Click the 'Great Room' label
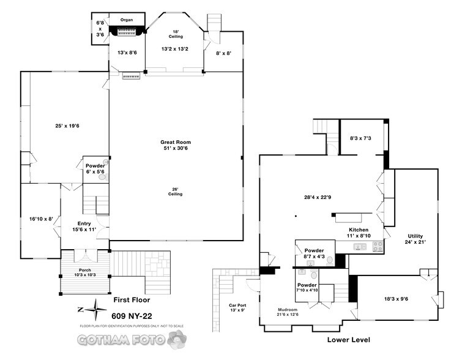tap(176, 142)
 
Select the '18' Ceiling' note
tap(176, 34)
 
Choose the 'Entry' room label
tap(84, 223)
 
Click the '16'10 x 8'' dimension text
tap(41, 218)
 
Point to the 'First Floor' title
tap(132, 300)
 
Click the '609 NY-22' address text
tap(131, 317)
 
